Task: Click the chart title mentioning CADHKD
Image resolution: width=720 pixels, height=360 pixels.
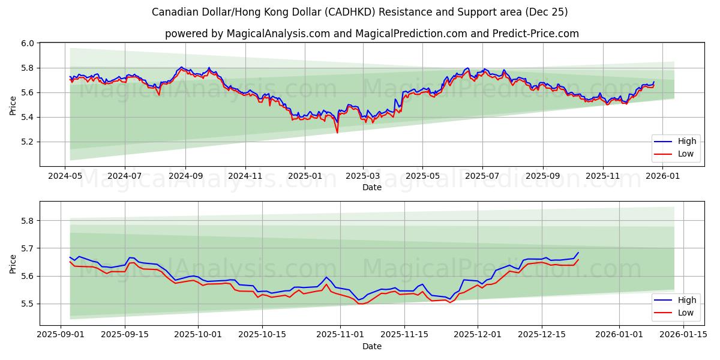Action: click(360, 12)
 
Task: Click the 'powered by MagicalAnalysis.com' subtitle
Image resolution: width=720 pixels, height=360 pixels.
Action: click(372, 34)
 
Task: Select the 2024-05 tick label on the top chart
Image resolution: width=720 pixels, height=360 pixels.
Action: click(65, 176)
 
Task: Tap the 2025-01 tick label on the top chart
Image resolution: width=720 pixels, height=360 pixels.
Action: click(305, 176)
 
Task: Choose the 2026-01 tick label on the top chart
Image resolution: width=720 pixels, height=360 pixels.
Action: click(663, 176)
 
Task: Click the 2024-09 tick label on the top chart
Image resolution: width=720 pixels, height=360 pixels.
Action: click(185, 176)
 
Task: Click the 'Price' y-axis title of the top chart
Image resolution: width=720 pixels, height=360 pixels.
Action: click(13, 105)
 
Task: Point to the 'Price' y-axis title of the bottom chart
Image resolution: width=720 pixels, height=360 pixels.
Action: click(13, 263)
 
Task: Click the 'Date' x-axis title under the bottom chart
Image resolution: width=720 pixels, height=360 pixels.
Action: click(372, 346)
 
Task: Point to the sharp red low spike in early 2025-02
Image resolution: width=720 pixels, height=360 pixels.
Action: click(337, 133)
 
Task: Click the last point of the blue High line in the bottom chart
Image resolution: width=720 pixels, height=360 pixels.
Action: click(578, 253)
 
